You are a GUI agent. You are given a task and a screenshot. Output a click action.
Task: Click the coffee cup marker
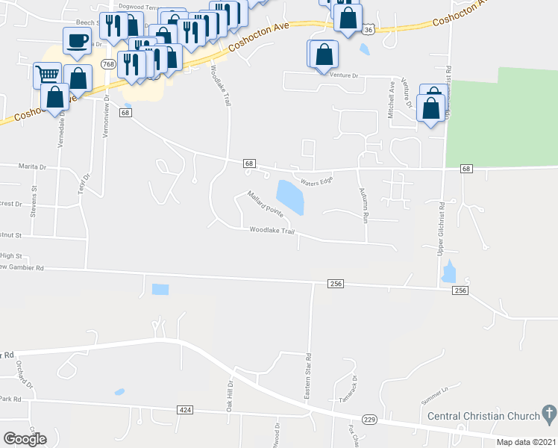click(77, 40)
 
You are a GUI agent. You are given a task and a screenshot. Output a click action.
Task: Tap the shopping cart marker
click(47, 74)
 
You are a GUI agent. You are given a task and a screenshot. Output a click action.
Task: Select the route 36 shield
click(369, 29)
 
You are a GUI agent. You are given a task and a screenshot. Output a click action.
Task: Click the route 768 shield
click(109, 64)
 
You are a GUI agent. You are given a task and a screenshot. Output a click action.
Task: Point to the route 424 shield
click(186, 410)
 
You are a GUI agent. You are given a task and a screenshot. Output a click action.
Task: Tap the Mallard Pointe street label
click(266, 204)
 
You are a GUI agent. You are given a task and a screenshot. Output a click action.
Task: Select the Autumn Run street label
click(365, 201)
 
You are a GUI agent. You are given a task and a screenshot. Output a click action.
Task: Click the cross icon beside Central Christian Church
click(548, 413)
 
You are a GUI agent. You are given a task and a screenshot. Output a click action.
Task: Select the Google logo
click(25, 439)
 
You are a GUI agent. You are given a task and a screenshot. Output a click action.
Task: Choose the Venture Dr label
click(345, 75)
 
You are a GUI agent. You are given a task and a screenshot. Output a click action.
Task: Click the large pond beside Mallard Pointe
click(289, 196)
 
